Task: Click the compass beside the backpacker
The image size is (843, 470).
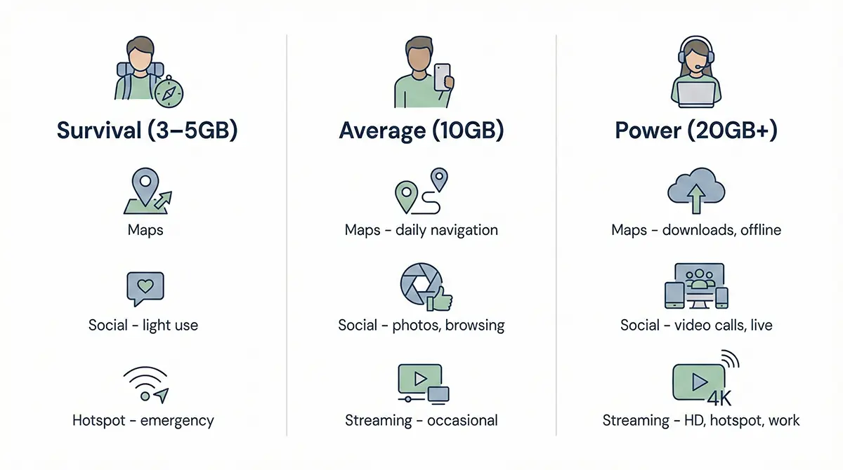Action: (x=169, y=92)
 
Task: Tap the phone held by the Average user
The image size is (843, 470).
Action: (x=442, y=77)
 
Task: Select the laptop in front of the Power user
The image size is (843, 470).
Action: (x=696, y=95)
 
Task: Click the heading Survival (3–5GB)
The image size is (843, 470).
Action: (x=147, y=130)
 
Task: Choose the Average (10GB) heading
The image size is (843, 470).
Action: (x=421, y=130)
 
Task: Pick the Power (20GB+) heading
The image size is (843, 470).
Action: (x=696, y=130)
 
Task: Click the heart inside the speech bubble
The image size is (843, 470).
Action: (x=145, y=286)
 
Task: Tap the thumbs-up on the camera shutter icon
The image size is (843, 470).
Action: (x=440, y=300)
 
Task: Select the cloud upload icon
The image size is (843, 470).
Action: (x=696, y=191)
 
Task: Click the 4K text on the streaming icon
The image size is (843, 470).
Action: (x=719, y=398)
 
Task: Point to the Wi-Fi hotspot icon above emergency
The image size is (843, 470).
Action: (x=145, y=384)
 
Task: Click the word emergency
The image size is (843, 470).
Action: (x=177, y=421)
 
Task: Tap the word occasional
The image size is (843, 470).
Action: (x=462, y=420)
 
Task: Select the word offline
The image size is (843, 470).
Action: (x=761, y=230)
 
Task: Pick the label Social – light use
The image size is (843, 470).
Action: (x=143, y=325)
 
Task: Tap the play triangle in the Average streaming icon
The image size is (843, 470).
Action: (x=420, y=379)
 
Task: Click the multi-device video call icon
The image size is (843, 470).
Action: (x=696, y=286)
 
